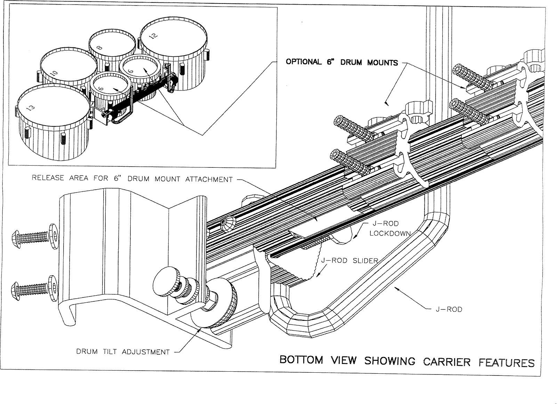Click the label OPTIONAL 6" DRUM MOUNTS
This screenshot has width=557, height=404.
pos(341,62)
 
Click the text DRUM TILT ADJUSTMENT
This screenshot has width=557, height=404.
pos(123,352)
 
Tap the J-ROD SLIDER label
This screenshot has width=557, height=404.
pos(349,260)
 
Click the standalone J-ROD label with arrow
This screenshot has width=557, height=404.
pos(449,309)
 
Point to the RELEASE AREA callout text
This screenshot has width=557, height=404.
pos(132,179)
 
